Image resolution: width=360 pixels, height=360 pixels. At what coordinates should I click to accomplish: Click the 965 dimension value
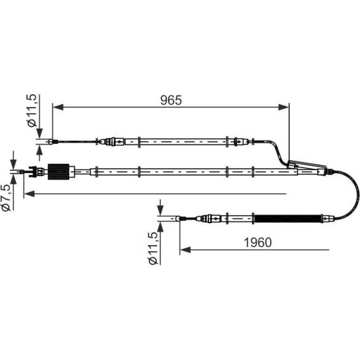click(171, 100)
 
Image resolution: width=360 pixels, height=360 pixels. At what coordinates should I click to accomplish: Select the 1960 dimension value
click(257, 242)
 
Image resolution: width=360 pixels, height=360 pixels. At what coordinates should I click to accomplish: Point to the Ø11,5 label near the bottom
click(153, 248)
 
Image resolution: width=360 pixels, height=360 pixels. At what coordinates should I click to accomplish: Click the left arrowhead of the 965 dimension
click(58, 107)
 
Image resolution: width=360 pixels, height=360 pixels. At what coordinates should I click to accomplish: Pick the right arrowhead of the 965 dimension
click(283, 107)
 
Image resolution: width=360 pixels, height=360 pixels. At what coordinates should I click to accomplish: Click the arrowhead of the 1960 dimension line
click(185, 250)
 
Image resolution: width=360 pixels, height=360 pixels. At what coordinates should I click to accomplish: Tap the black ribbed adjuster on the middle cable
click(58, 171)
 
